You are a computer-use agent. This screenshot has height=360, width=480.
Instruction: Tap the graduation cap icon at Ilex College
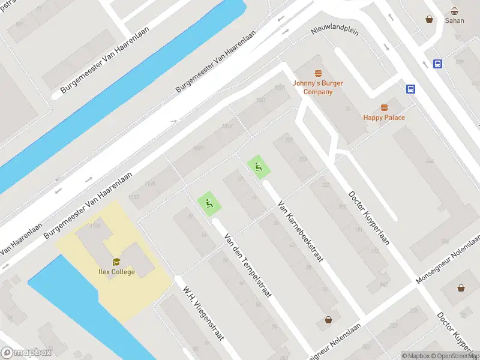(x=116, y=261)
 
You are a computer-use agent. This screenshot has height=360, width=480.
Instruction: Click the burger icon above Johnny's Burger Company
(x=318, y=73)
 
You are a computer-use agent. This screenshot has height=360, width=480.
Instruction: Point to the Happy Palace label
(x=384, y=118)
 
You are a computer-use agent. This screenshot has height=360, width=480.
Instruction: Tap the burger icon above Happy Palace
(x=384, y=107)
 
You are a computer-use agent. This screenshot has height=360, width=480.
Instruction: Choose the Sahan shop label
(x=454, y=20)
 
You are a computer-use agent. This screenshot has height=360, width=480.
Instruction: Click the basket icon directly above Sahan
(x=454, y=10)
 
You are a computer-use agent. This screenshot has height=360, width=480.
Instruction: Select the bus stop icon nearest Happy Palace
(x=411, y=89)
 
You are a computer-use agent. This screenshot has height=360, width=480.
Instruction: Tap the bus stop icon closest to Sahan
(x=438, y=64)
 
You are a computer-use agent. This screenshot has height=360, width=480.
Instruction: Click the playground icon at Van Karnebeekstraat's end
(x=258, y=166)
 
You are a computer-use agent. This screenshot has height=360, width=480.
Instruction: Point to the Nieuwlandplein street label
(x=335, y=30)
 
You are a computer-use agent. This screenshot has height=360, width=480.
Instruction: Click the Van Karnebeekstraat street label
(x=301, y=231)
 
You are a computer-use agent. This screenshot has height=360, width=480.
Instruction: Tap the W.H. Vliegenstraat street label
(x=204, y=316)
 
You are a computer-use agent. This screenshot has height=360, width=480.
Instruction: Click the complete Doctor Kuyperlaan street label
(x=369, y=218)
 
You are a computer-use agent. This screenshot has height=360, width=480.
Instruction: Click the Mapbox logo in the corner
(x=26, y=353)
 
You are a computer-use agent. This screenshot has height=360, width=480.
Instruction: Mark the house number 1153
(x=134, y=197)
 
